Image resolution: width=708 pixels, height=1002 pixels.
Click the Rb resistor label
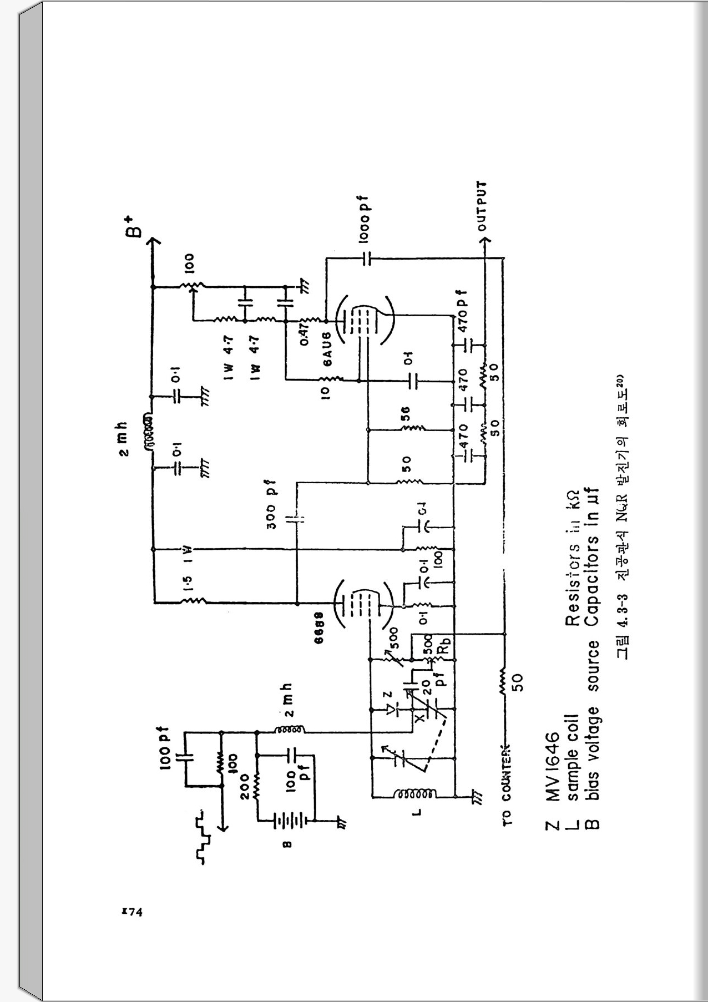coord(443,647)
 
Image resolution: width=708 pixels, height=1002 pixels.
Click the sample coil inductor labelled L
coord(414,795)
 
